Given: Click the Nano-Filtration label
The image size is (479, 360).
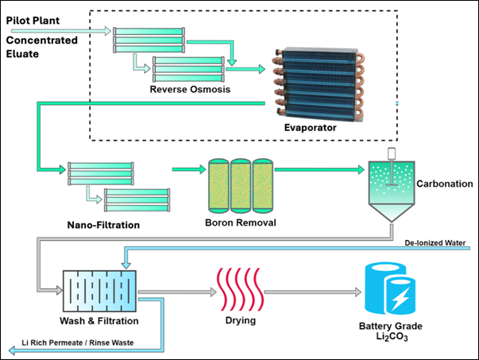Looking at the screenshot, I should pyautogui.click(x=103, y=225).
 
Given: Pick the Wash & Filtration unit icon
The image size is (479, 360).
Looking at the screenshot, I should pyautogui.click(x=99, y=290).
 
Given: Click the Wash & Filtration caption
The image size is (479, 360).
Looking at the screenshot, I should pyautogui.click(x=99, y=321).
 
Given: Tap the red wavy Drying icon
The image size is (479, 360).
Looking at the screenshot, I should pyautogui.click(x=239, y=291).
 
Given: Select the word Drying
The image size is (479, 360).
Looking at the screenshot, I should pyautogui.click(x=239, y=321).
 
